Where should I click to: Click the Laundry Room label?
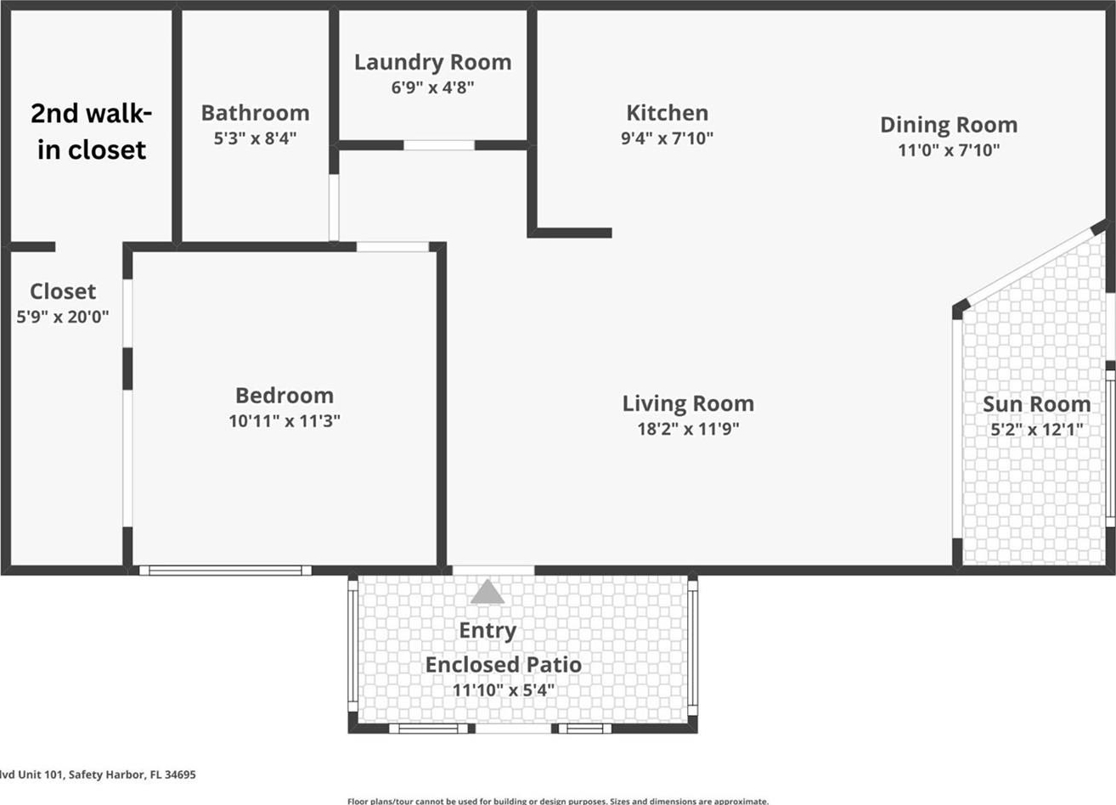[x=433, y=63]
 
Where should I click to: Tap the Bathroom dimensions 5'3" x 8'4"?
[x=255, y=138]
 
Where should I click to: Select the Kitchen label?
[x=667, y=114]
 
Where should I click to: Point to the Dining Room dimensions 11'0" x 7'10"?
[x=949, y=150]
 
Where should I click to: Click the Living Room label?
[x=688, y=404]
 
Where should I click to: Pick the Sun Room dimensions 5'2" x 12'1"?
[x=1037, y=429]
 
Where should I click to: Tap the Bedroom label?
[x=285, y=396]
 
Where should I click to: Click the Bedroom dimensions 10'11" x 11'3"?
[x=285, y=421]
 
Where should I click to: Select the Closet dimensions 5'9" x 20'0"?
[x=63, y=317]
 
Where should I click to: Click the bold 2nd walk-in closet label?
[x=91, y=132]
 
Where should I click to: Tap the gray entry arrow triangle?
[x=488, y=591]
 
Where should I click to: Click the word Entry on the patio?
[x=488, y=632]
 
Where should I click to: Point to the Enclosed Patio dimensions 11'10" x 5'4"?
[x=503, y=690]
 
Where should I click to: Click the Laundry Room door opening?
[x=439, y=145]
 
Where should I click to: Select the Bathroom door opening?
[x=334, y=208]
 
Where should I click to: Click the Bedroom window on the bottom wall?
[x=225, y=571]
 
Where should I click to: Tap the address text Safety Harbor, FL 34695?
[x=132, y=774]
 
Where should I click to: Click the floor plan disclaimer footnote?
[x=558, y=801]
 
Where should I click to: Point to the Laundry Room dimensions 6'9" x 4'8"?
[x=432, y=87]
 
